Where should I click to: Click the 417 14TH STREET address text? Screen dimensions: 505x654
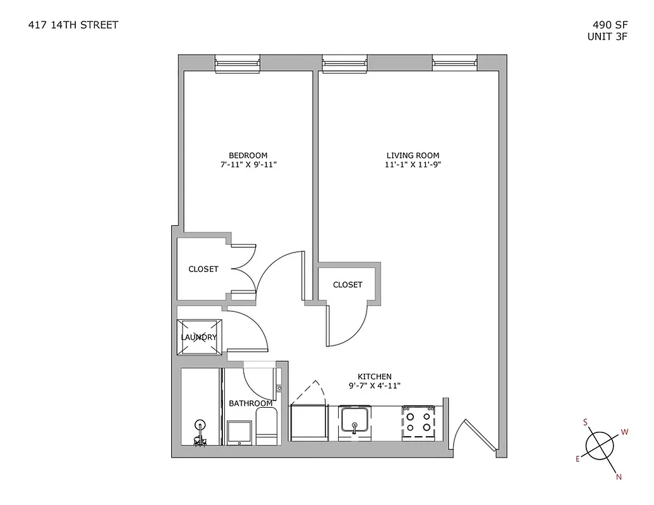click(x=73, y=25)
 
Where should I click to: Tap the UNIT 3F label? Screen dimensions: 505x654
click(x=607, y=36)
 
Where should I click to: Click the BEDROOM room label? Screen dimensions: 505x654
click(x=248, y=155)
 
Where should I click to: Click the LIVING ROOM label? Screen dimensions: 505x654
click(x=413, y=155)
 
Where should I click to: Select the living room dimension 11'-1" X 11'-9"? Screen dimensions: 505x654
click(x=413, y=165)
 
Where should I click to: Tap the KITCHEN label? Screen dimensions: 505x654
click(x=375, y=376)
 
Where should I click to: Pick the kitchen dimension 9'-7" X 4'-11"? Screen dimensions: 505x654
click(x=375, y=385)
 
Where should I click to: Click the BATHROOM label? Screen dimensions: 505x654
click(x=250, y=403)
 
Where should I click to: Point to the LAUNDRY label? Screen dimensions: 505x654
click(x=199, y=337)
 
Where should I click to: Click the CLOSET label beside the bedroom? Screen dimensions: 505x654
click(x=203, y=269)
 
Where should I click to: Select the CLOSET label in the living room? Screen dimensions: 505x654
click(x=348, y=285)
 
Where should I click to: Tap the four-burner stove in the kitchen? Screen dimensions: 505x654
click(x=418, y=421)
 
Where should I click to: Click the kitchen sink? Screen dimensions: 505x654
click(x=356, y=421)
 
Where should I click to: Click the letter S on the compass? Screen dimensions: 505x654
click(x=586, y=422)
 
